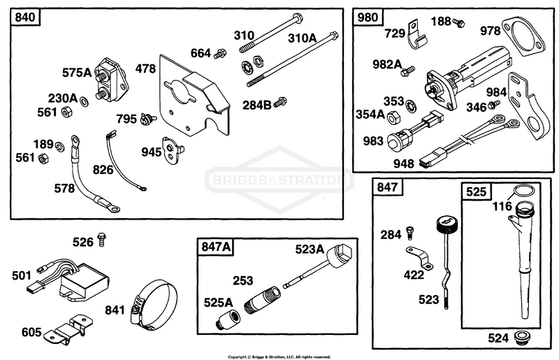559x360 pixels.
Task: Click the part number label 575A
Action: [77, 73]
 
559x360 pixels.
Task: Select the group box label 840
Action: [25, 17]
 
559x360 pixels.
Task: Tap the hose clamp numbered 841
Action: [154, 304]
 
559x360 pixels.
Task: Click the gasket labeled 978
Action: [523, 38]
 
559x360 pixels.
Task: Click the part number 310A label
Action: [302, 38]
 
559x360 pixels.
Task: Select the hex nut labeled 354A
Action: [393, 117]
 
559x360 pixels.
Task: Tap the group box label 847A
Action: [216, 247]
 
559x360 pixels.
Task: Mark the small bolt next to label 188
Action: [458, 23]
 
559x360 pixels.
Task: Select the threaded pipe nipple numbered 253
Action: [262, 300]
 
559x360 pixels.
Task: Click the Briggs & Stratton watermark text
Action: [278, 180]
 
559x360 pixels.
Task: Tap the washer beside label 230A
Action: [84, 101]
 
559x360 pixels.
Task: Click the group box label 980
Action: [368, 17]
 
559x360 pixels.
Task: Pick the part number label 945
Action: [151, 152]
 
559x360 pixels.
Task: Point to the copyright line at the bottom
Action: [279, 357]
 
